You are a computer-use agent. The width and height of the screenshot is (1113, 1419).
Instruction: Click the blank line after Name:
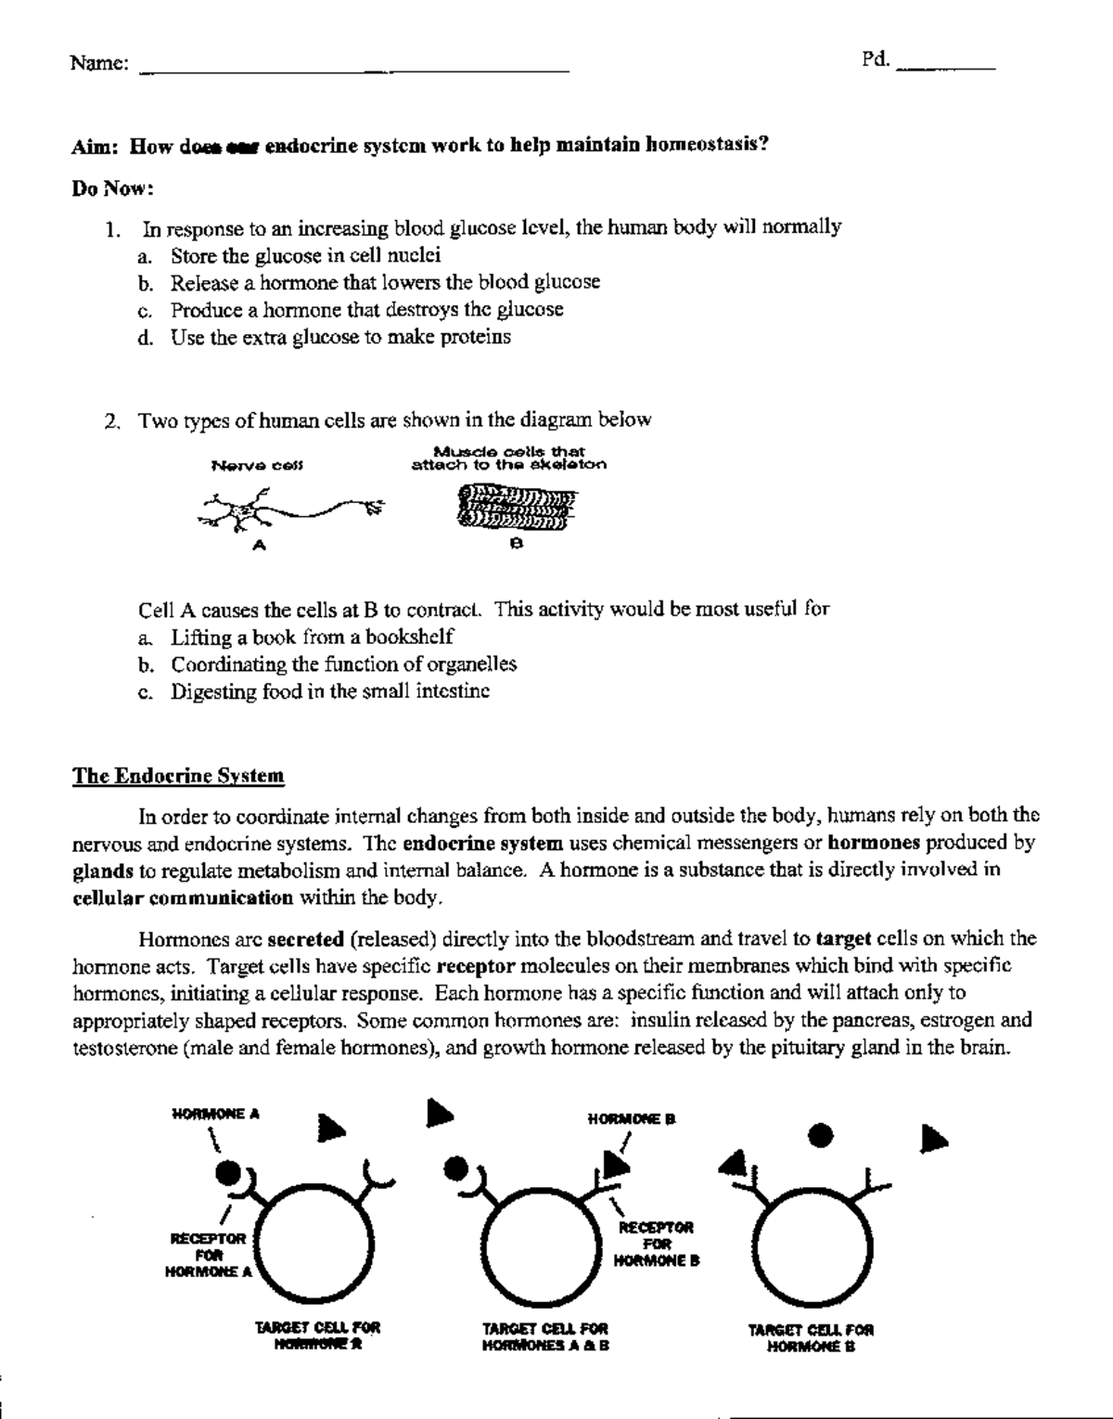(352, 69)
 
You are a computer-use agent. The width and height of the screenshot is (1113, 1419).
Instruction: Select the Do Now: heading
(112, 189)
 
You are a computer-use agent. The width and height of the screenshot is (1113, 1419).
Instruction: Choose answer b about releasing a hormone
(384, 282)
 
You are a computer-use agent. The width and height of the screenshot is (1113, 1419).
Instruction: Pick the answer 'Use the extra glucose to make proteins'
(339, 337)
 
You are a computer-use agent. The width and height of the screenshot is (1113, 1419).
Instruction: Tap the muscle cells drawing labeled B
(516, 509)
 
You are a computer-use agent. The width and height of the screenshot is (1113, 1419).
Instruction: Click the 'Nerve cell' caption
(257, 465)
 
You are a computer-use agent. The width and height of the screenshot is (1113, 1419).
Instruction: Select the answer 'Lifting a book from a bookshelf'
(312, 638)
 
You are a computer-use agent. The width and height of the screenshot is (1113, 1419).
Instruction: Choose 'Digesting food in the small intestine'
(329, 691)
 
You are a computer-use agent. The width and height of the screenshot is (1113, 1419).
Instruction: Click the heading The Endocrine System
(178, 776)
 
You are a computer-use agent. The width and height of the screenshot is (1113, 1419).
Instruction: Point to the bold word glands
(102, 871)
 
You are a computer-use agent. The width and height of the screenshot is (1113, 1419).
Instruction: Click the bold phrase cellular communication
(182, 898)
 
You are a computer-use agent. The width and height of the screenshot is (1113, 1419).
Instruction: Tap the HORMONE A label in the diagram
(215, 1114)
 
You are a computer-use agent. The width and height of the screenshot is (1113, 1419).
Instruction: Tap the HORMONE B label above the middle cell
(632, 1119)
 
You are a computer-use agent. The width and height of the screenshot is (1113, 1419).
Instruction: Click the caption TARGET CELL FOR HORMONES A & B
(545, 1336)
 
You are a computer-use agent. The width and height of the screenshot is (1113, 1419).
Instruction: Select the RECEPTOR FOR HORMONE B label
(657, 1244)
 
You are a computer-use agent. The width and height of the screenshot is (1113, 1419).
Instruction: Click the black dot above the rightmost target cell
(821, 1134)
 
